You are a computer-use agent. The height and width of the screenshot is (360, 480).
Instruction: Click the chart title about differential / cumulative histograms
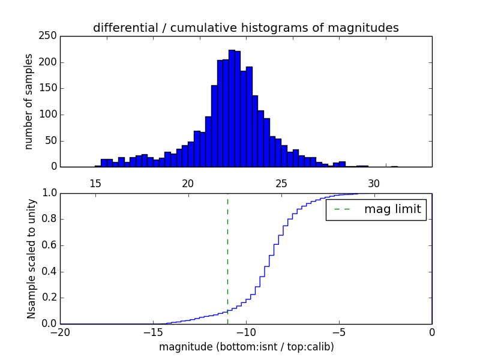[x=245, y=28]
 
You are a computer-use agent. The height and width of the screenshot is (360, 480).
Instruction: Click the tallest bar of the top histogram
[x=232, y=108]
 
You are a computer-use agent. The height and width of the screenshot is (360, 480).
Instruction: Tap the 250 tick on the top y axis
[x=50, y=36]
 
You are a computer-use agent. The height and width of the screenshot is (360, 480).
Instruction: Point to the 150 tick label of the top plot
[x=50, y=89]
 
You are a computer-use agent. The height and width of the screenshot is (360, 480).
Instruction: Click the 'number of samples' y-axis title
[x=29, y=101]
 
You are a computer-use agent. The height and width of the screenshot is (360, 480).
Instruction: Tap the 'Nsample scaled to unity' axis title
[x=31, y=258]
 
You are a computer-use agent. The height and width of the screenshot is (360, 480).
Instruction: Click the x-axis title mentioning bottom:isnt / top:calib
[x=246, y=347]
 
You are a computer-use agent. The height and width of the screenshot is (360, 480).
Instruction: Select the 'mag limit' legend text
[x=392, y=209]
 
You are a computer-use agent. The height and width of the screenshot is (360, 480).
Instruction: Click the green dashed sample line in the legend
[x=342, y=209]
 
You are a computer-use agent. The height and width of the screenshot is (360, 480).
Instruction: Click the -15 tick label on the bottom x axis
[x=153, y=332]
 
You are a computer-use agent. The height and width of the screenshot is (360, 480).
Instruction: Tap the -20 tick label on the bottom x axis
[x=61, y=332]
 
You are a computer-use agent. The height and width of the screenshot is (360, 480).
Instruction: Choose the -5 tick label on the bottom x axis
[x=339, y=332]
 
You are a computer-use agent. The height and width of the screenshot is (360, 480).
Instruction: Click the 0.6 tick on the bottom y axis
[x=49, y=245]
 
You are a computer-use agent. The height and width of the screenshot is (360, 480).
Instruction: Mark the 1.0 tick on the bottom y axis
[x=49, y=193]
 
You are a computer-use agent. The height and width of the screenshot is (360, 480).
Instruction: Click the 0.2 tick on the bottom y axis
[x=49, y=298]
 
